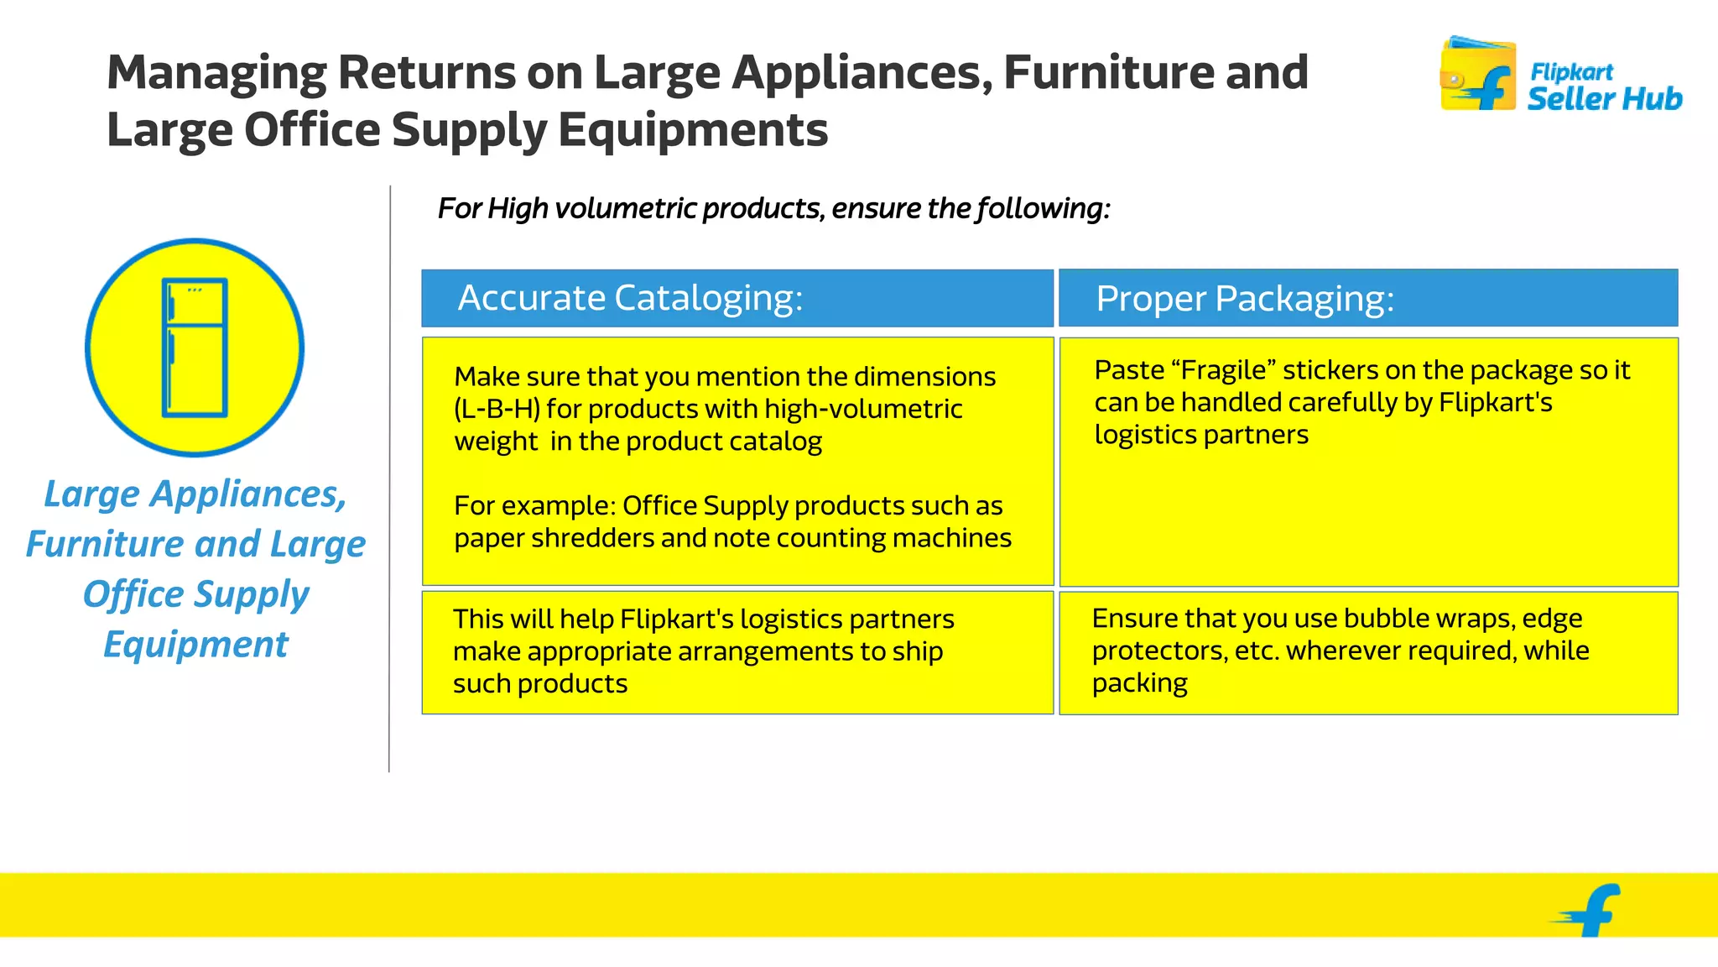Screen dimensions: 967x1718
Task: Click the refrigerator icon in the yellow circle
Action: (x=195, y=348)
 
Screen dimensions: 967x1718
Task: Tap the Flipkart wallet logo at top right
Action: (x=1477, y=74)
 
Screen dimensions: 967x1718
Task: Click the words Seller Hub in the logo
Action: (x=1604, y=99)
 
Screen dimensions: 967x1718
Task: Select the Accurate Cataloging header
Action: (x=630, y=298)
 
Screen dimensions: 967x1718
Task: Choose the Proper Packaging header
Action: (x=1244, y=299)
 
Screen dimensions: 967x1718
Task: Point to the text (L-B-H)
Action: (x=497, y=409)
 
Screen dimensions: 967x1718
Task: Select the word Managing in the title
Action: (x=216, y=72)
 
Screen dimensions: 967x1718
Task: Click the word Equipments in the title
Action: (x=693, y=130)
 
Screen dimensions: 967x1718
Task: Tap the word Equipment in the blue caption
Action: (x=195, y=645)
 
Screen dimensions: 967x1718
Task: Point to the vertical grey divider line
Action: (x=389, y=478)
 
